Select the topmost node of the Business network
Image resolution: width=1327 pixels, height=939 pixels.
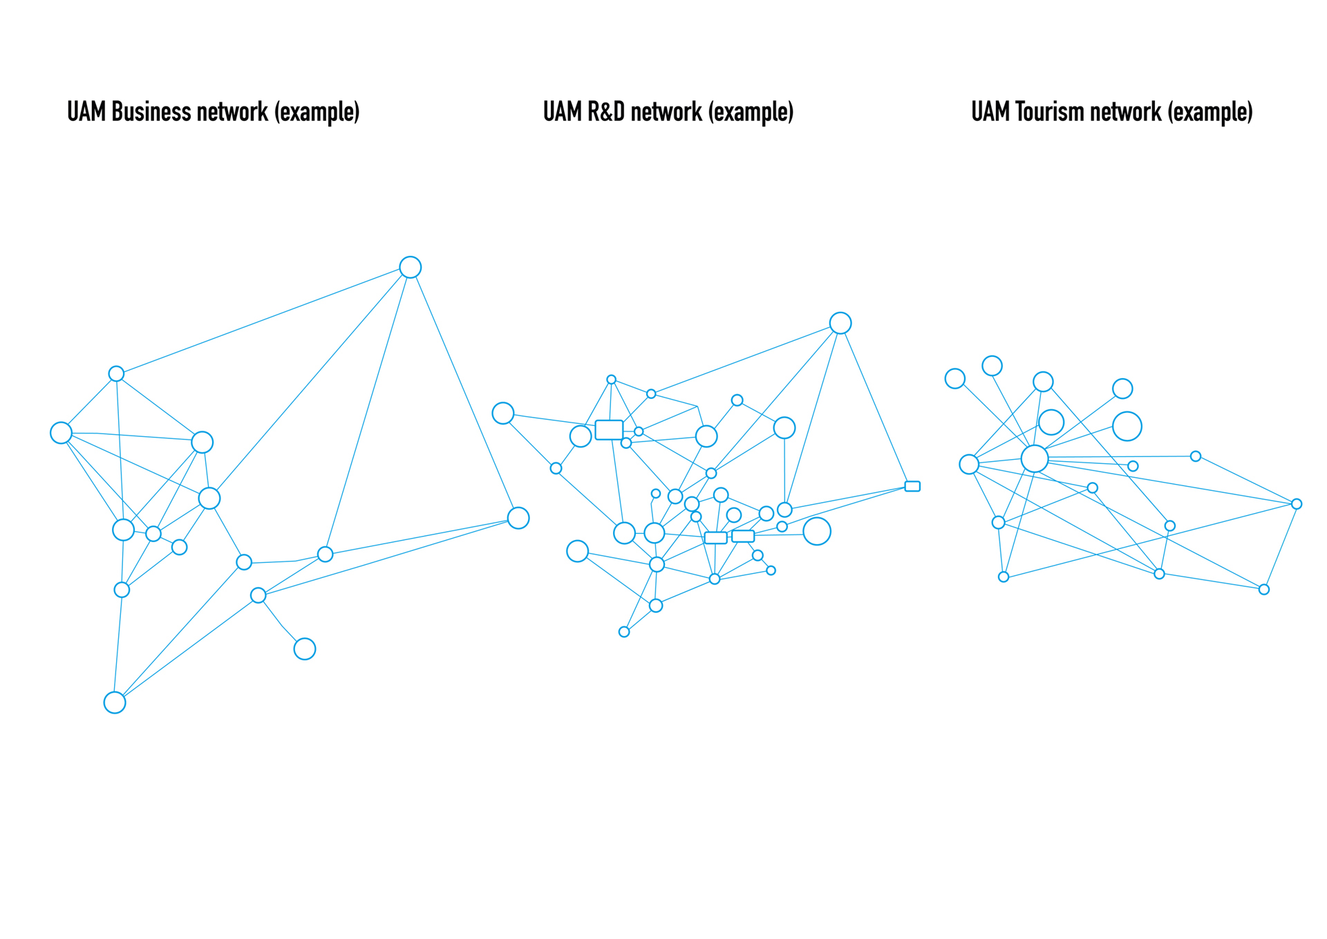[411, 267]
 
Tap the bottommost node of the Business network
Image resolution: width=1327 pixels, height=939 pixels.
[115, 703]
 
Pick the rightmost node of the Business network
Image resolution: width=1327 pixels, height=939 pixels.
[518, 518]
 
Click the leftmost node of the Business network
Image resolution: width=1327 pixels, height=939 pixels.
[61, 433]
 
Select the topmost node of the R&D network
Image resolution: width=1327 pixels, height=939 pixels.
[840, 323]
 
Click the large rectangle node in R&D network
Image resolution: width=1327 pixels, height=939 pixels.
[609, 429]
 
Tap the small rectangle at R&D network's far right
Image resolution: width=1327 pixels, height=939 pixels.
[912, 486]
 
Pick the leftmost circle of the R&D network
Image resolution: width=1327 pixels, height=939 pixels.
[503, 413]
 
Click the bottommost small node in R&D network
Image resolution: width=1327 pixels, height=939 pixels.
[624, 632]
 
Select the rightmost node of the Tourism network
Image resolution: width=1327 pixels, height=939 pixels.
[1297, 504]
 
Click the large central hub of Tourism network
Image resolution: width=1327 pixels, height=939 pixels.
[1035, 458]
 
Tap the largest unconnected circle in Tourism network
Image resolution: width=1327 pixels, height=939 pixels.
[1127, 426]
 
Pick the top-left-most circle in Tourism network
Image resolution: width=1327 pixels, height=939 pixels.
[955, 378]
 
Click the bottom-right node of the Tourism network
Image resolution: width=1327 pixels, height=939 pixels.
[1264, 589]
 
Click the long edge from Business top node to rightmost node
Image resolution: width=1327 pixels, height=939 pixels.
[464, 393]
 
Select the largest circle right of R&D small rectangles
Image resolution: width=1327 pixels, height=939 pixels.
[817, 531]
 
